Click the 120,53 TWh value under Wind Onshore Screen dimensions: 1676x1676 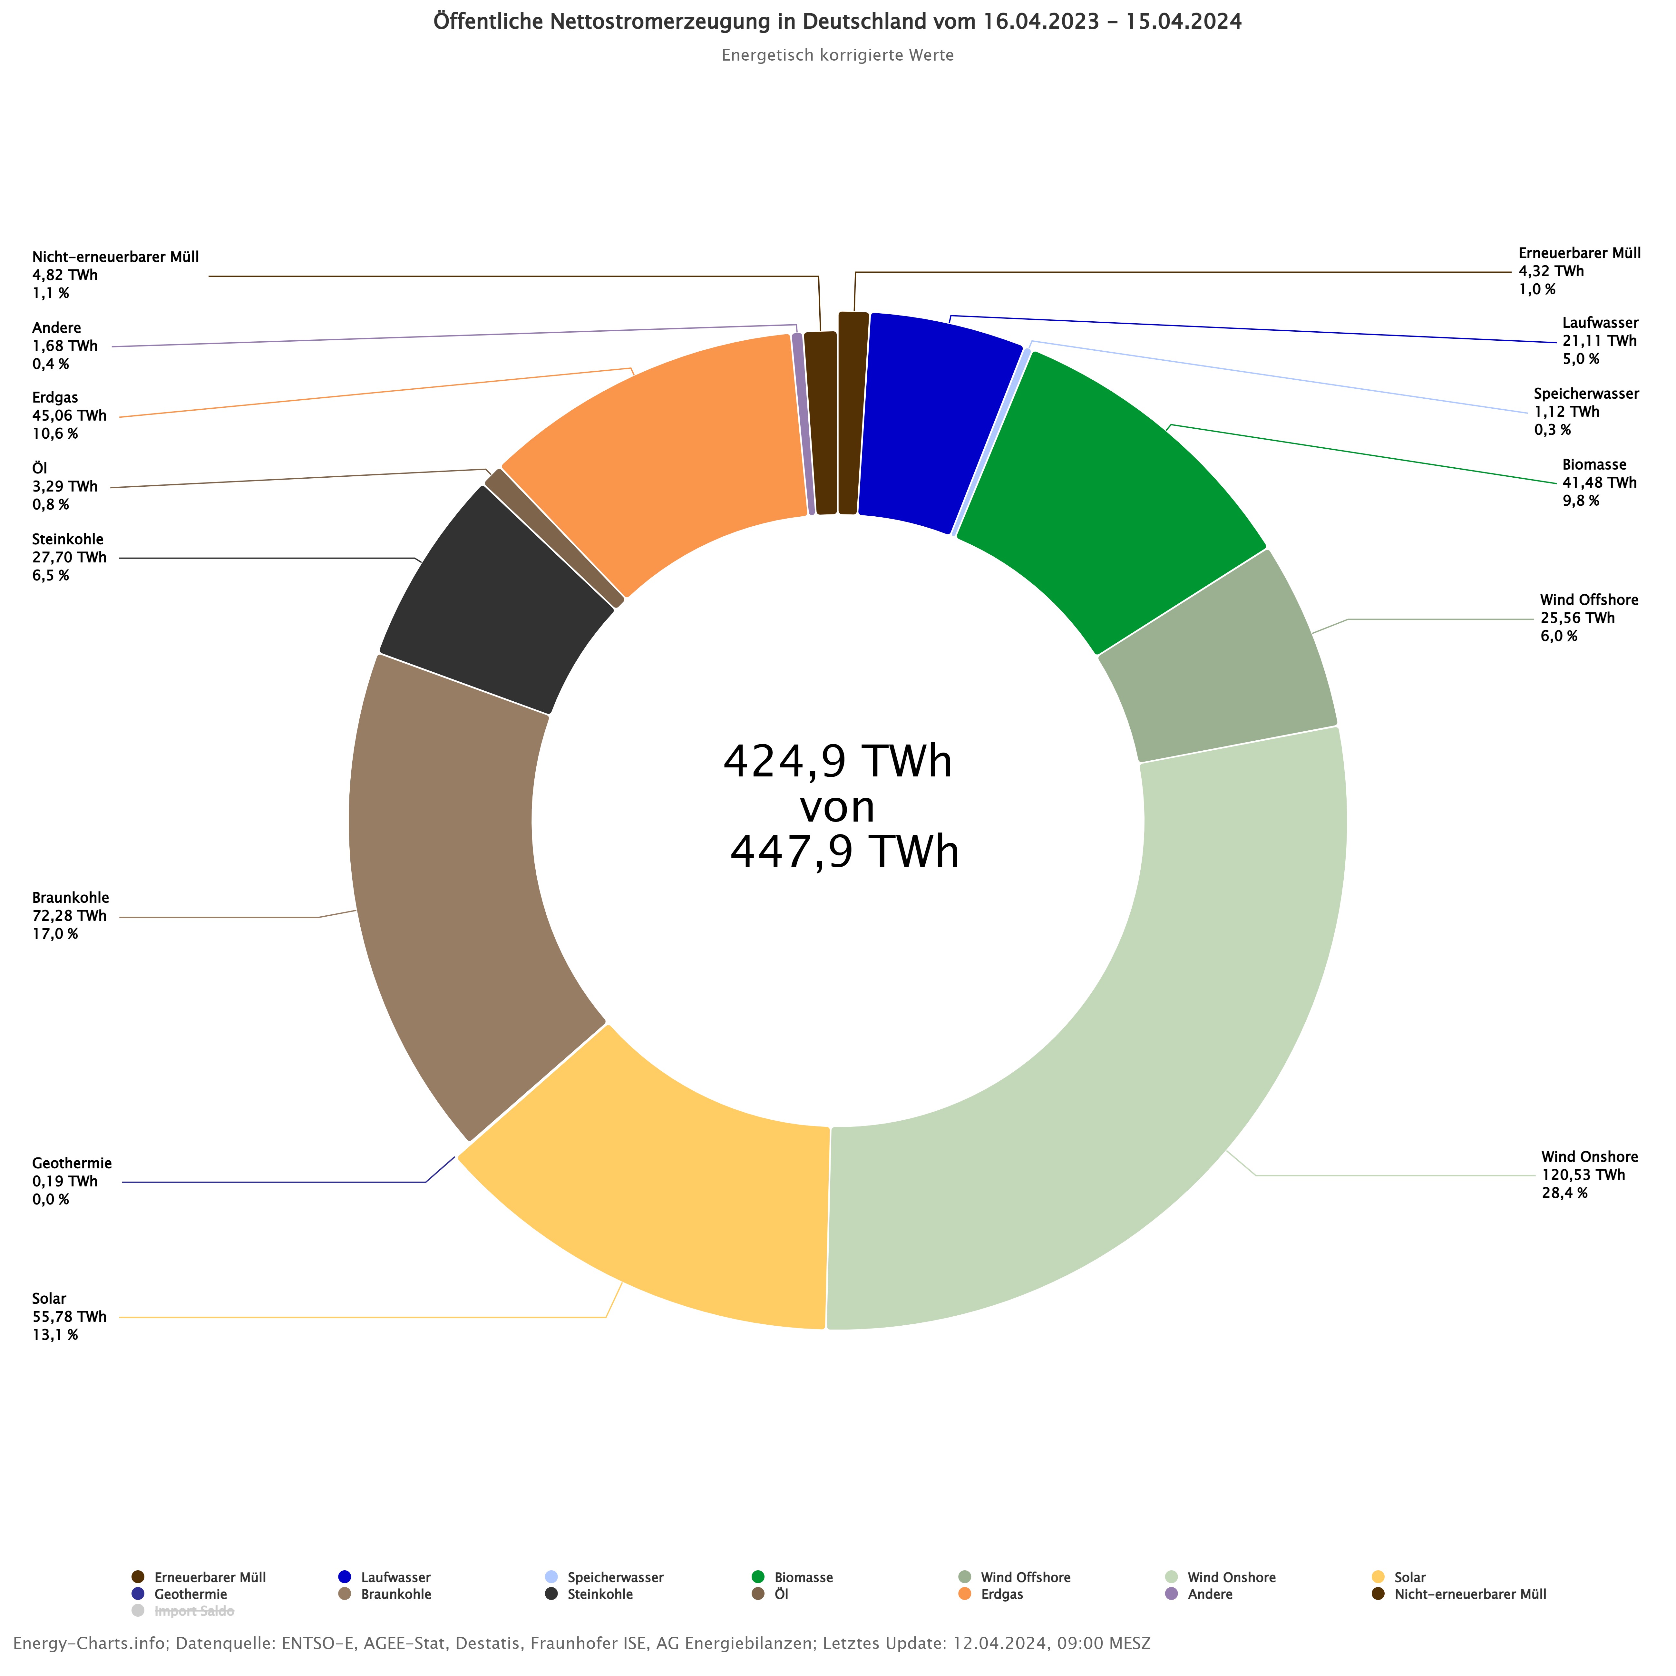pyautogui.click(x=1582, y=1174)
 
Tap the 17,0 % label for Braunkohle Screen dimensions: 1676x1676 pyautogui.click(x=55, y=934)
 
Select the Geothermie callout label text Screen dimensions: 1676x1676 pyautogui.click(x=72, y=1163)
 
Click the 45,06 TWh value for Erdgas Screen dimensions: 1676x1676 pyautogui.click(x=69, y=415)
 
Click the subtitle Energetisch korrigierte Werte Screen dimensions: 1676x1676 pyautogui.click(x=837, y=55)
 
